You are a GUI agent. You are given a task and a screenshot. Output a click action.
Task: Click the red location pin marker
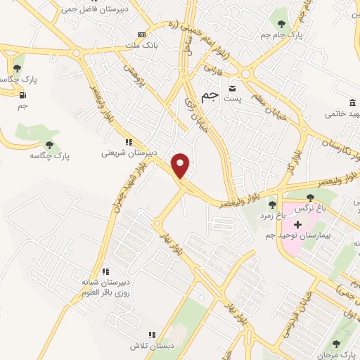[181, 165]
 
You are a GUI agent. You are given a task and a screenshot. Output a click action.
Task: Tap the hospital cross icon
[297, 225]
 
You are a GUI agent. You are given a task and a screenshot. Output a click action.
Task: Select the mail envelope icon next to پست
[232, 89]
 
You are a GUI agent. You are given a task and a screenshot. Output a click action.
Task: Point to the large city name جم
[209, 95]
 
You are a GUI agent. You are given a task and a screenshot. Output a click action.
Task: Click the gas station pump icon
[22, 95]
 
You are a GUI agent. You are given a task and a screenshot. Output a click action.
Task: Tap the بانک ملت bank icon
[143, 34]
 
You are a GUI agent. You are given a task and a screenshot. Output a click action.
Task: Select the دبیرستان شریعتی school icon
[128, 142]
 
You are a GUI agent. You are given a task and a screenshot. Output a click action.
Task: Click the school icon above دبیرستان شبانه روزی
[105, 271]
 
